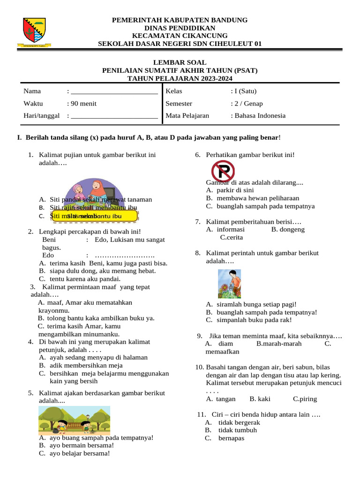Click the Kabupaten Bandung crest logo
point(34,32)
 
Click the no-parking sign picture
point(223,171)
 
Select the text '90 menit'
point(84,104)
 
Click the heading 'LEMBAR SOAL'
point(180,62)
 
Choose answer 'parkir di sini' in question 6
point(235,190)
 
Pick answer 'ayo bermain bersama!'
point(82,445)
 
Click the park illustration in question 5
point(74,420)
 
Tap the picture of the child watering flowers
point(229,284)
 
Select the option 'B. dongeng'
point(288,230)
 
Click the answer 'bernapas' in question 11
point(231,438)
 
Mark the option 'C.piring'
point(305,399)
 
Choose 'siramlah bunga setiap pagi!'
point(256,304)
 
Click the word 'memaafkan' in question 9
point(223,352)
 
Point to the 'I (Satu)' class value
point(245,91)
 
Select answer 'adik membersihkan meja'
point(86,365)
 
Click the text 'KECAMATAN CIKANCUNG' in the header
point(180,36)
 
